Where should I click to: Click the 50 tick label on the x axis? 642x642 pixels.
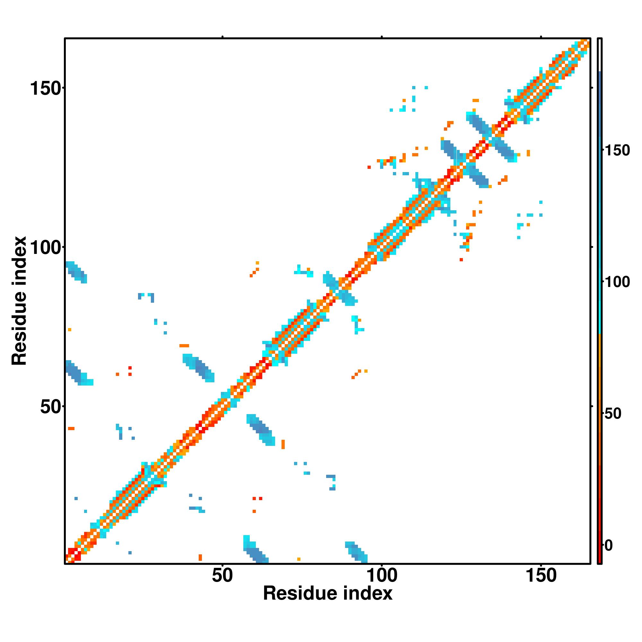point(222,576)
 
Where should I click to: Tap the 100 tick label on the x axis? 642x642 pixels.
point(381,576)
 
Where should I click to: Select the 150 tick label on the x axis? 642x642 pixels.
point(541,576)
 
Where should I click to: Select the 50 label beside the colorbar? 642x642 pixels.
point(612,414)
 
